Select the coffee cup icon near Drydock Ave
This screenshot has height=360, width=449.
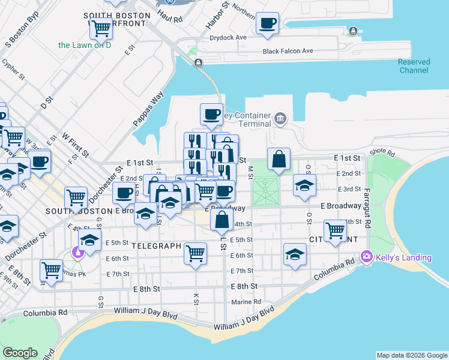pyautogui.click(x=267, y=24)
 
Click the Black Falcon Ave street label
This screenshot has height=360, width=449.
pyautogui.click(x=288, y=52)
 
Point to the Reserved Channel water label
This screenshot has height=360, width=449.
pyautogui.click(x=414, y=66)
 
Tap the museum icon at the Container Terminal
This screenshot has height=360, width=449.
pyautogui.click(x=280, y=117)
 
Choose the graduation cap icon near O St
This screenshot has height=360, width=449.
pyautogui.click(x=304, y=185)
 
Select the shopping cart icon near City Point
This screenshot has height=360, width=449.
pyautogui.click(x=334, y=230)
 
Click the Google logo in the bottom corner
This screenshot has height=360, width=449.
pyautogui.click(x=20, y=353)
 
